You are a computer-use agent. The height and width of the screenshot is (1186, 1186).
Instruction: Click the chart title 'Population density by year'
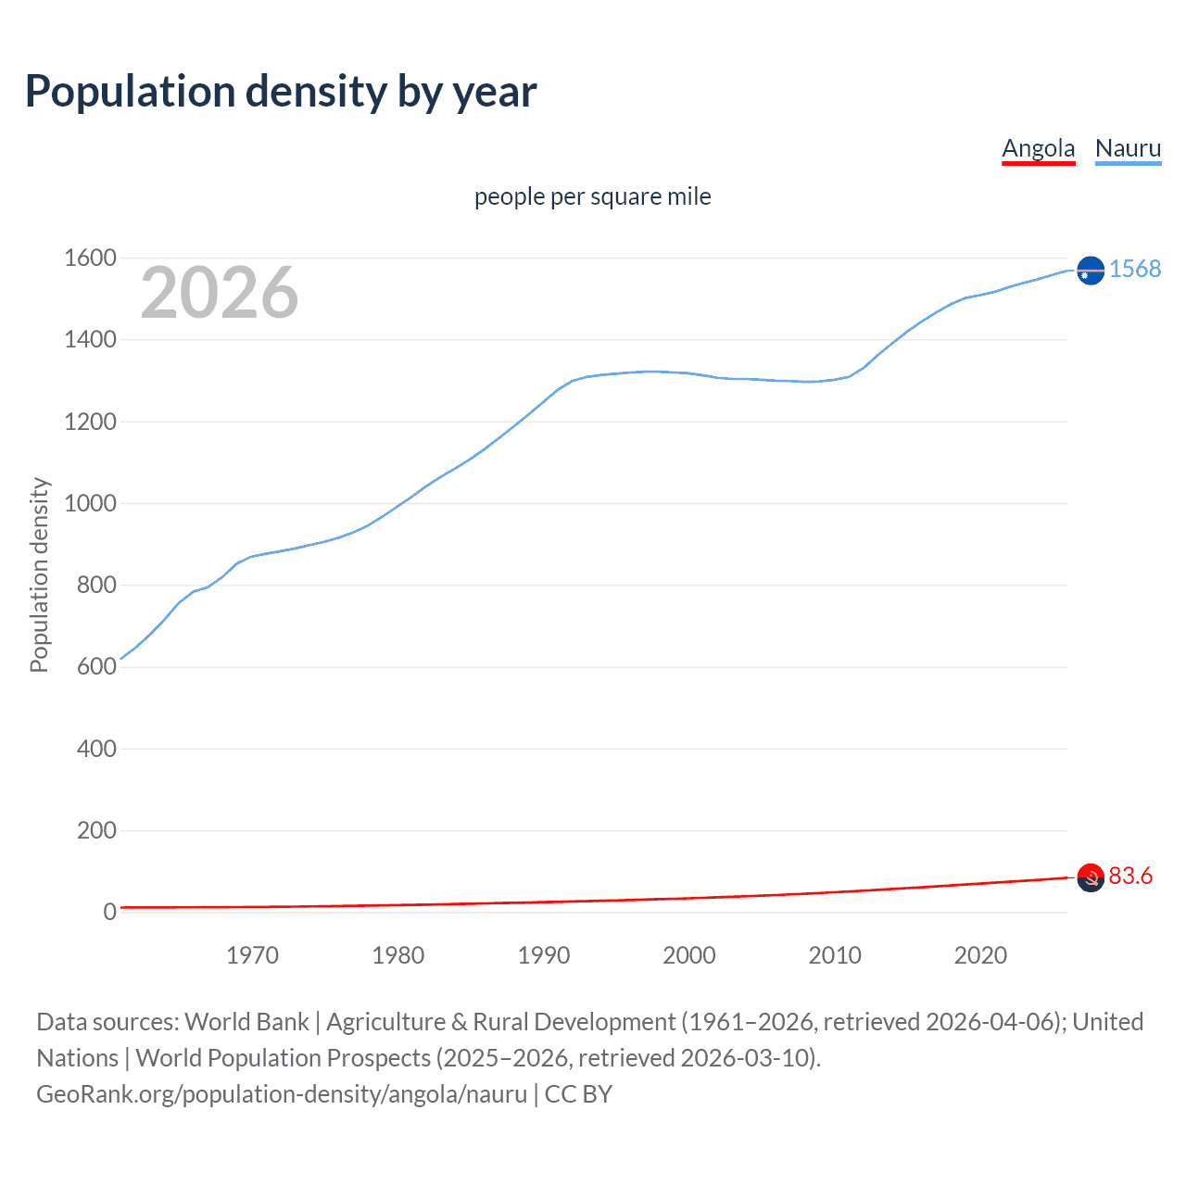point(281,92)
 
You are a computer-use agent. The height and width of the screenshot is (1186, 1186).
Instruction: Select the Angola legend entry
point(1038,148)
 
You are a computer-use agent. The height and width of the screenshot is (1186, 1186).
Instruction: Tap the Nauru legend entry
point(1128,148)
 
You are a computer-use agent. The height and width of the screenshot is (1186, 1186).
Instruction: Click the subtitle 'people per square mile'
point(592,196)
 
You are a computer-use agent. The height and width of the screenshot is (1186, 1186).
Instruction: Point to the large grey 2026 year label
point(220,293)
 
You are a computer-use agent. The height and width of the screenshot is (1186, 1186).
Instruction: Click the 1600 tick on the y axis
point(90,258)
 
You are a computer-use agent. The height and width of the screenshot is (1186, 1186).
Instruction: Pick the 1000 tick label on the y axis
point(90,503)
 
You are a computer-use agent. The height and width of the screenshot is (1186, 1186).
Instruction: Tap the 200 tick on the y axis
point(96,830)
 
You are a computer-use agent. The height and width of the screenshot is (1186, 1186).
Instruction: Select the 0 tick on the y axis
point(109,912)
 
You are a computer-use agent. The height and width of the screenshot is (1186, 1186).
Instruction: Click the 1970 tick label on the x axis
point(252,955)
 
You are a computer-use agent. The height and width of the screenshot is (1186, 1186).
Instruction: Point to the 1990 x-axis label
point(544,955)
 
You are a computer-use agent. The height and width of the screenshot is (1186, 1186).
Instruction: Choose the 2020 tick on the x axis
point(980,955)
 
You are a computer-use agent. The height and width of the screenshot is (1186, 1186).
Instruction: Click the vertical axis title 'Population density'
point(39,574)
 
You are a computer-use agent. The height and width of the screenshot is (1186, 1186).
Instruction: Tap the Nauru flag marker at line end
point(1091,270)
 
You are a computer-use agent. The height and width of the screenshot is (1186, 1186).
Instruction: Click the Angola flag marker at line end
point(1091,877)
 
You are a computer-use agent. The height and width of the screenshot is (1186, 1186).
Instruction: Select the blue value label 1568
point(1135,269)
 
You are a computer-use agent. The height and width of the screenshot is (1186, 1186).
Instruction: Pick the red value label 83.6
point(1130,876)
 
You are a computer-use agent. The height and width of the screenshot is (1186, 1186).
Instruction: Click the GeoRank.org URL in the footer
point(282,1093)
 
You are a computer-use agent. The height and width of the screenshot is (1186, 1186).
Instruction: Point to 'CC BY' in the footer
point(578,1093)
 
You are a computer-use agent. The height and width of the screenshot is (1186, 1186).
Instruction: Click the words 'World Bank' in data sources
point(246,1021)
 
